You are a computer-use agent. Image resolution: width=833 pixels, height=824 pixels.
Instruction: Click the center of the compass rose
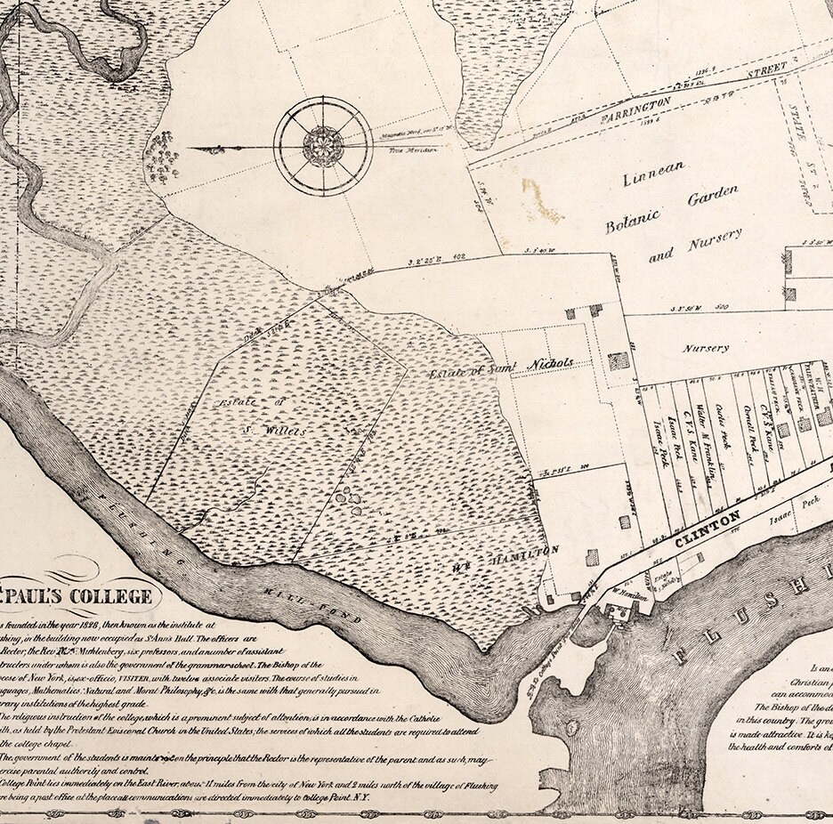click(x=322, y=145)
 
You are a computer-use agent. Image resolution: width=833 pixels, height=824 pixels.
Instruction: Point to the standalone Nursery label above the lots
click(x=706, y=349)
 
